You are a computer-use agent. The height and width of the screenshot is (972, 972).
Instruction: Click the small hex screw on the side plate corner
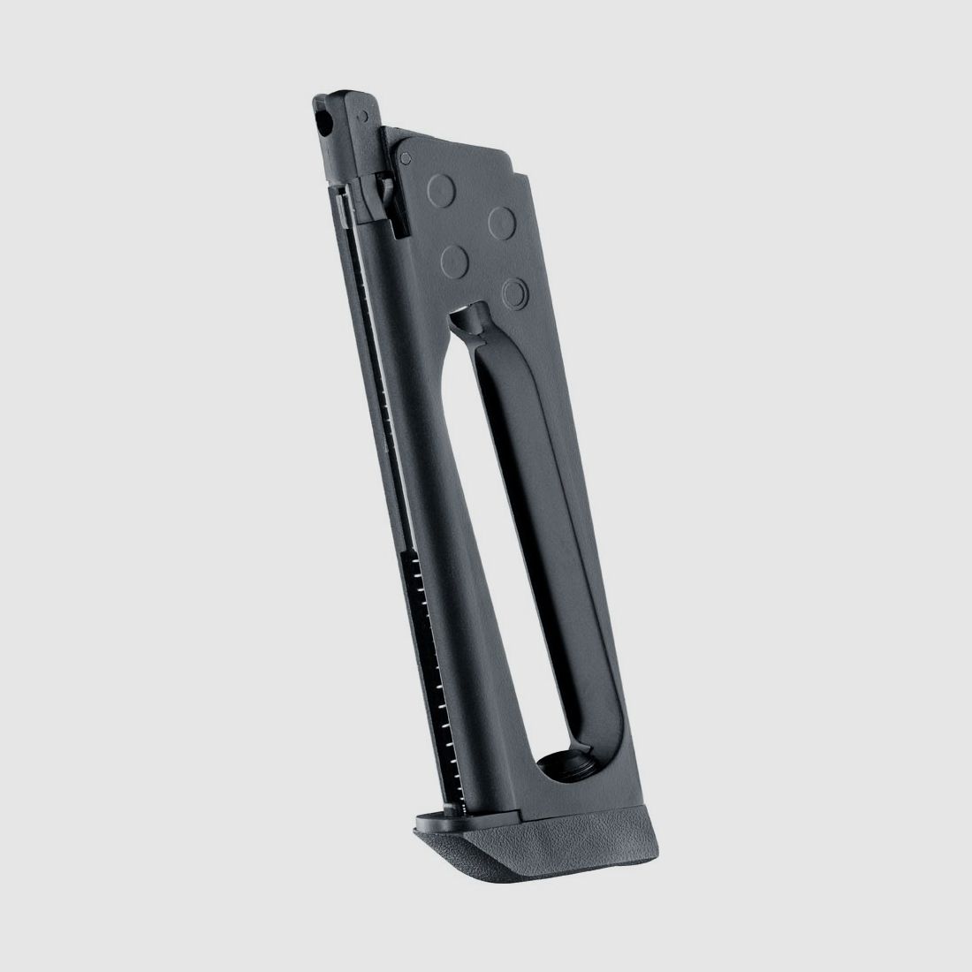click(x=405, y=158)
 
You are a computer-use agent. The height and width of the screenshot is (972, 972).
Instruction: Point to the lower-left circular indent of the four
click(x=455, y=259)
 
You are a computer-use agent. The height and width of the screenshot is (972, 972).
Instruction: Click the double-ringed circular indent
click(x=514, y=289)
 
